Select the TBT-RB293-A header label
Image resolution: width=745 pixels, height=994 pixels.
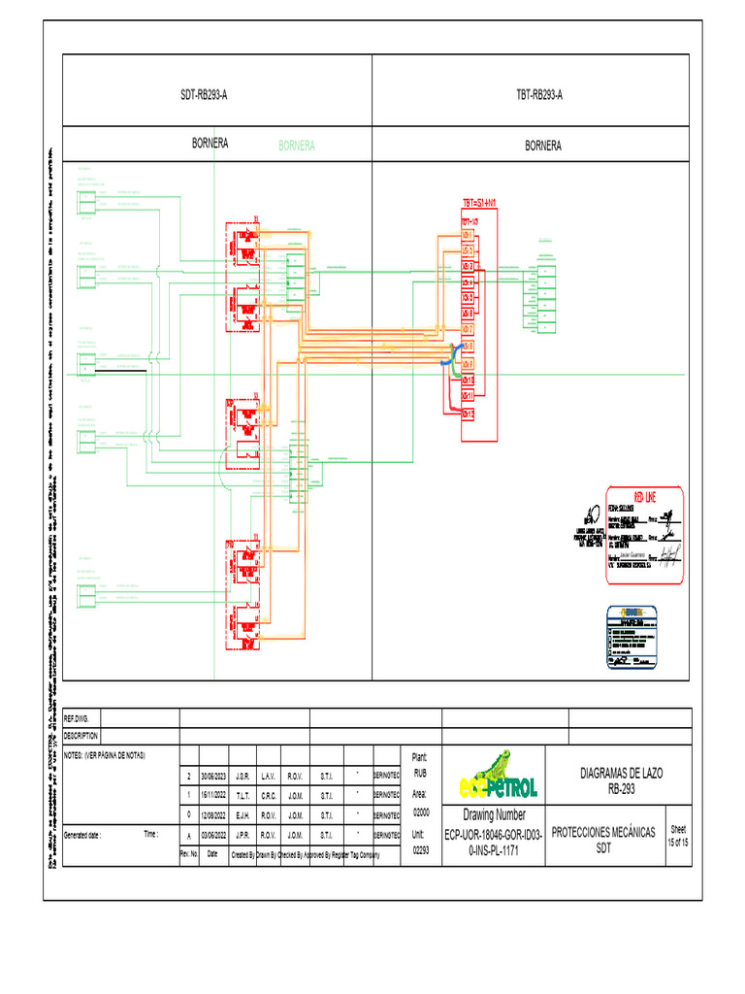[540, 95]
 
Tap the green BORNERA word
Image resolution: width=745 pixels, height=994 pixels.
[296, 146]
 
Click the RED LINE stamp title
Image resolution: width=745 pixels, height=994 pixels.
[645, 496]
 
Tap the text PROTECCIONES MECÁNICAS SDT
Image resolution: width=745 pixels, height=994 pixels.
[603, 840]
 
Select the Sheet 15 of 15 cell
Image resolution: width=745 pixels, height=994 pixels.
[677, 836]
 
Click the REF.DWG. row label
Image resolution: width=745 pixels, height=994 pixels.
[77, 718]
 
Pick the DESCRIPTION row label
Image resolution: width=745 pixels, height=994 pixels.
[82, 736]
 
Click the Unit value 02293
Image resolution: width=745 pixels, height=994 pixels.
[420, 850]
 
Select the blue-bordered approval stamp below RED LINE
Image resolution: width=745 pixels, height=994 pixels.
[632, 637]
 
